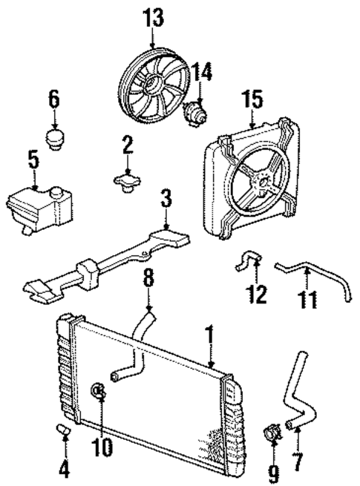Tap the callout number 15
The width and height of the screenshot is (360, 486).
click(x=252, y=99)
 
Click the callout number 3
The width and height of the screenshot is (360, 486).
click(x=166, y=199)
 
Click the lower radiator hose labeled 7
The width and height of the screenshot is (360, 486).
click(x=301, y=393)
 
